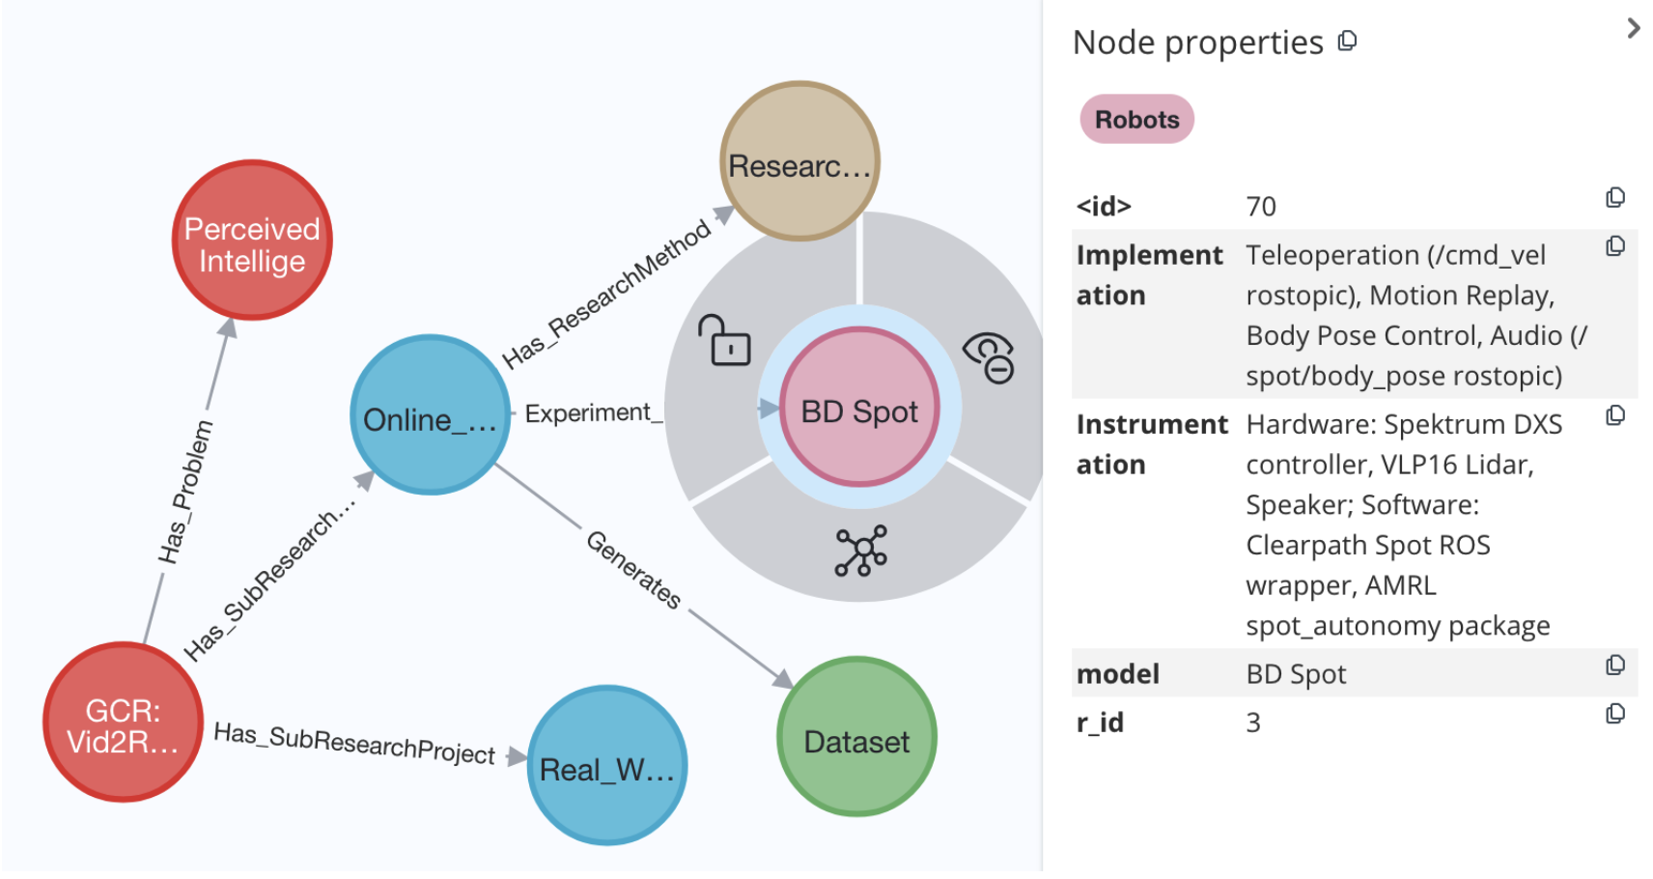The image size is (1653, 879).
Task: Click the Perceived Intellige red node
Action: (252, 241)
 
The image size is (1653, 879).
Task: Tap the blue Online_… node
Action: (430, 415)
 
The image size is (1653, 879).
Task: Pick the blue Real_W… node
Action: (607, 766)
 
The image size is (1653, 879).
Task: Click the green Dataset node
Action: (856, 738)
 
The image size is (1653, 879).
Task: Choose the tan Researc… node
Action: (799, 161)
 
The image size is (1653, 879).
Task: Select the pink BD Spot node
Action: (859, 409)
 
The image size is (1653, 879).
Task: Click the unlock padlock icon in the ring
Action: (725, 341)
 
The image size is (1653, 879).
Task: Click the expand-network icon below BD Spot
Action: (860, 552)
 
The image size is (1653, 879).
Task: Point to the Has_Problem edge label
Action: (186, 492)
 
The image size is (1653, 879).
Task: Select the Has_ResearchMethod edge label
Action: (606, 294)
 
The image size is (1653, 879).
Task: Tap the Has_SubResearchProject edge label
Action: (354, 743)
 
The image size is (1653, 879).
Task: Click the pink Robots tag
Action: (1136, 120)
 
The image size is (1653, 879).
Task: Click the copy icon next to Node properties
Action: (1347, 42)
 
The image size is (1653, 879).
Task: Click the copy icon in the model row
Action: (1614, 666)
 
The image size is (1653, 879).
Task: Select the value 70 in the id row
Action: (1261, 207)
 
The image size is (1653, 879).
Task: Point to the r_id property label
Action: (1100, 723)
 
